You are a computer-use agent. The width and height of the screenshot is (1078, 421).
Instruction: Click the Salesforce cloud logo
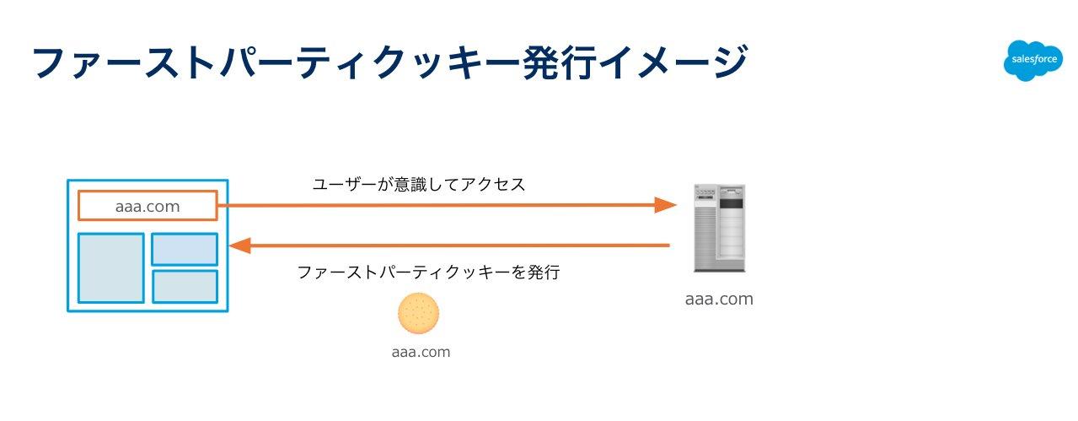tap(1032, 61)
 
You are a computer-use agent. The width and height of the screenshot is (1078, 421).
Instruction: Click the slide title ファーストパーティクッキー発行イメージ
tap(389, 63)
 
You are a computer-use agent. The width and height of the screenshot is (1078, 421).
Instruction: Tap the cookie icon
tap(419, 313)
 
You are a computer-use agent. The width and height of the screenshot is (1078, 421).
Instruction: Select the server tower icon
tap(718, 227)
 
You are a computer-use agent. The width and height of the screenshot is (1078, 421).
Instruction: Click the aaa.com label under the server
tap(719, 299)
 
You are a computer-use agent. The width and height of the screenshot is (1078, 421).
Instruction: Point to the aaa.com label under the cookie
tap(421, 353)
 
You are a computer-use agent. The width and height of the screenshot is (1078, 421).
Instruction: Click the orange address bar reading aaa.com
tap(147, 205)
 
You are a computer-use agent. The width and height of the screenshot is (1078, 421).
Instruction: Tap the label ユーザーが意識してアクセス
tap(419, 184)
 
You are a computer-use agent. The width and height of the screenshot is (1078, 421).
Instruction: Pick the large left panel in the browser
tap(111, 267)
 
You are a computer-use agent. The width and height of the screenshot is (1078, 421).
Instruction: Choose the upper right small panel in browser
tap(185, 249)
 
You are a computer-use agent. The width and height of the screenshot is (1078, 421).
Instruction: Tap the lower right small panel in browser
tap(185, 286)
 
